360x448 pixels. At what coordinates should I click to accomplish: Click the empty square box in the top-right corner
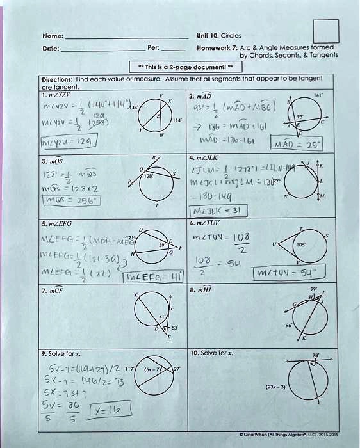[x=325, y=33]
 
